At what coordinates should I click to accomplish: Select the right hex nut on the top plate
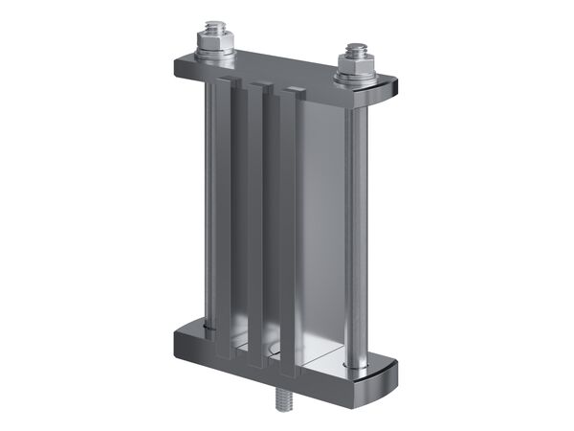point(356,63)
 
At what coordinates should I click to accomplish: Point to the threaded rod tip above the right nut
point(356,47)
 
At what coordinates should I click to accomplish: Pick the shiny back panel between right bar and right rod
point(320,230)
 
